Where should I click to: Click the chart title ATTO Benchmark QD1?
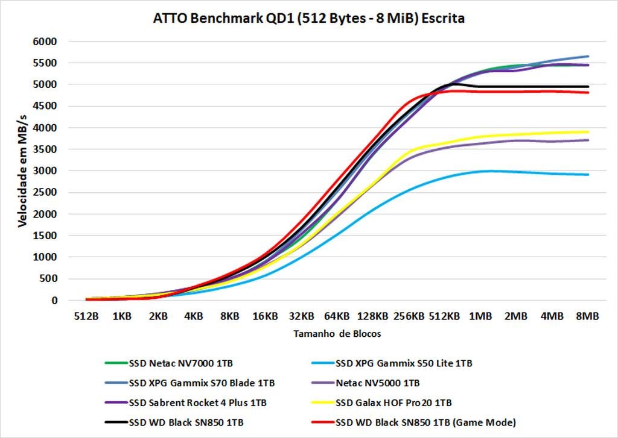pyautogui.click(x=309, y=19)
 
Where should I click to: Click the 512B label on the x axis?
pyautogui.click(x=86, y=316)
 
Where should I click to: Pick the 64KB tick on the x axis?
pyautogui.click(x=337, y=316)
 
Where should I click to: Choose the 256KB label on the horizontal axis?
pyautogui.click(x=409, y=316)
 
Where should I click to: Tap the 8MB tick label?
pyautogui.click(x=587, y=316)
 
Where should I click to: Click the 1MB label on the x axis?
pyautogui.click(x=480, y=316)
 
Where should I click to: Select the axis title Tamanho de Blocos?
pyautogui.click(x=337, y=333)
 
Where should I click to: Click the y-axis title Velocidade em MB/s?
pyautogui.click(x=22, y=171)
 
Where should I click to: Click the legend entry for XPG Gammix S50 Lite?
pyautogui.click(x=404, y=363)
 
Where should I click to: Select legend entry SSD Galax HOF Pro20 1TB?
pyautogui.click(x=393, y=402)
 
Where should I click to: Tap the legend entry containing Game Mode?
pyautogui.click(x=425, y=421)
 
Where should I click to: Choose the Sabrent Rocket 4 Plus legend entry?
pyautogui.click(x=198, y=402)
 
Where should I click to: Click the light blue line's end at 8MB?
pyautogui.click(x=588, y=175)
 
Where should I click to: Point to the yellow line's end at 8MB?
pyautogui.click(x=588, y=132)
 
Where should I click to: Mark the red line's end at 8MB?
pyautogui.click(x=588, y=92)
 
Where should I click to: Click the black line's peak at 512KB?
pyautogui.click(x=450, y=84)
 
